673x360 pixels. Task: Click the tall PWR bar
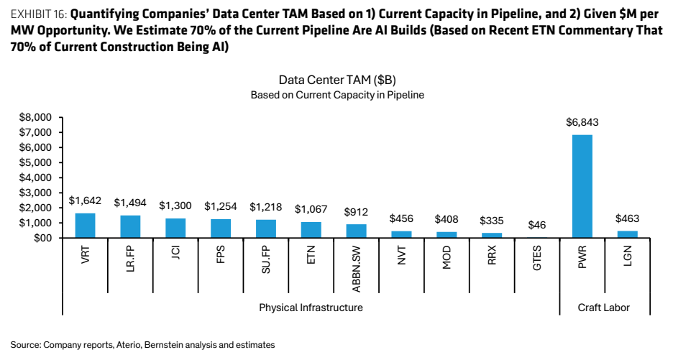(582, 186)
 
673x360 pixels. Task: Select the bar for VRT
(85, 225)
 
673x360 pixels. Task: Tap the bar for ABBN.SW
(356, 231)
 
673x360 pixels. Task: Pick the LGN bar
(628, 234)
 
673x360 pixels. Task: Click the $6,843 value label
(582, 122)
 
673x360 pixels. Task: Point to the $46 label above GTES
(537, 225)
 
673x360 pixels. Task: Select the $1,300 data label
(175, 206)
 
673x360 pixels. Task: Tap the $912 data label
(356, 211)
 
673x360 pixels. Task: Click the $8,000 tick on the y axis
(35, 118)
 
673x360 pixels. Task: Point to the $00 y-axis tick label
(42, 238)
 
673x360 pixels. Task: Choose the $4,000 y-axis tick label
(35, 177)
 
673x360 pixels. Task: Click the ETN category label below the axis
(311, 254)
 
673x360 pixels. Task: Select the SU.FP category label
(266, 259)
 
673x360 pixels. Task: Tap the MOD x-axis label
(447, 257)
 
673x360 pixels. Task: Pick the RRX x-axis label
(492, 255)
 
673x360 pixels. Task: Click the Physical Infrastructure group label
(311, 308)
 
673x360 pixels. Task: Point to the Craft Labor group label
(603, 308)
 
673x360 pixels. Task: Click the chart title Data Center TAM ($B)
(337, 80)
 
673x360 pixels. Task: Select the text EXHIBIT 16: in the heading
(39, 14)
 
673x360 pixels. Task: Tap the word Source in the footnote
(25, 345)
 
